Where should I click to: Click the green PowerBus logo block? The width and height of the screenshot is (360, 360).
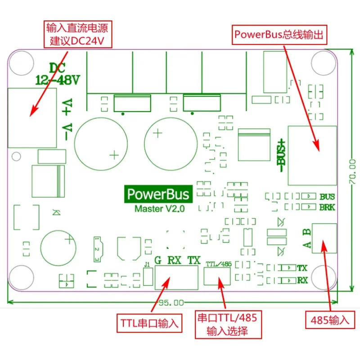[158, 194]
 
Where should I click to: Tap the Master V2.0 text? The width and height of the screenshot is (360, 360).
[160, 209]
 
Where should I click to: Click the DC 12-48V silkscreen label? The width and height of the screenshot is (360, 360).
[58, 74]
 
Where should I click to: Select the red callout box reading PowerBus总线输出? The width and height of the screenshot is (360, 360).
[279, 35]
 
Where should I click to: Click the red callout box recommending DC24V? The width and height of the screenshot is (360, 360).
[78, 34]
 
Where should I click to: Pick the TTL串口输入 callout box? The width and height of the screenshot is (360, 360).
[149, 323]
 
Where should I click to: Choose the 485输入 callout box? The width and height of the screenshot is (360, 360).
[330, 320]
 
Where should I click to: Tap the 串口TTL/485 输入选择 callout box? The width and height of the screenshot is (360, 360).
[228, 324]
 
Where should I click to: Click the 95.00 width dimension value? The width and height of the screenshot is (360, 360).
[171, 303]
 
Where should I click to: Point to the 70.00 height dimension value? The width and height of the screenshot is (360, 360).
[352, 171]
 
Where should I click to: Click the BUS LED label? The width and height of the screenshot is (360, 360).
[327, 197]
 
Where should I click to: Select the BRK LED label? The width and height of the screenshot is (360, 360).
[327, 207]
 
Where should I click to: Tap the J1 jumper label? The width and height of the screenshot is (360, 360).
[147, 265]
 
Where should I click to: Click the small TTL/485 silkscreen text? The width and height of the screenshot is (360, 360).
[219, 264]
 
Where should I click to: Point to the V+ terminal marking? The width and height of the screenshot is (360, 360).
[67, 107]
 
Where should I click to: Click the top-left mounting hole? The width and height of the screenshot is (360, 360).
[22, 63]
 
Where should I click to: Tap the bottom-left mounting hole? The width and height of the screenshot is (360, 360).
[21, 278]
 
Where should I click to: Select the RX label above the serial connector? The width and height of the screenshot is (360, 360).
[175, 261]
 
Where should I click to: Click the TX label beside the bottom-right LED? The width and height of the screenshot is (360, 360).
[302, 268]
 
